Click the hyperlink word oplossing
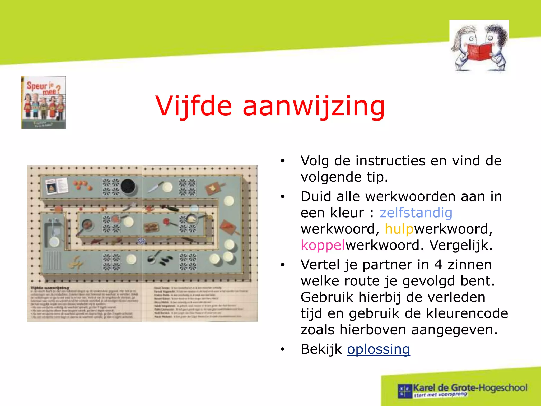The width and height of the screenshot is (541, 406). pos(378,349)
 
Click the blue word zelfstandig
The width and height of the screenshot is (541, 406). pos(416,213)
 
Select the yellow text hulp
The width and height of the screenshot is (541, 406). pos(399,229)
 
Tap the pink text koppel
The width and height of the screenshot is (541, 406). pos(323,245)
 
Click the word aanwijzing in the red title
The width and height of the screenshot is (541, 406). pos(314,106)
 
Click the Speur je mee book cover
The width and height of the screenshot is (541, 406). pos(43,102)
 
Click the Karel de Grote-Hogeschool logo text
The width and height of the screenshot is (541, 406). pos(470,388)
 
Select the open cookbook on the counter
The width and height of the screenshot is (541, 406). pos(56,186)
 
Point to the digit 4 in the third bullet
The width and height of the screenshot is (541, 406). pos(438,265)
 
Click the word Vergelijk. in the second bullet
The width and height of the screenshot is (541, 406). pos(461,245)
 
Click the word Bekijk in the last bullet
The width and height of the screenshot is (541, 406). pos(321,349)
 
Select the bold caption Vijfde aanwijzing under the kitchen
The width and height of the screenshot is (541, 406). pos(50,288)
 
